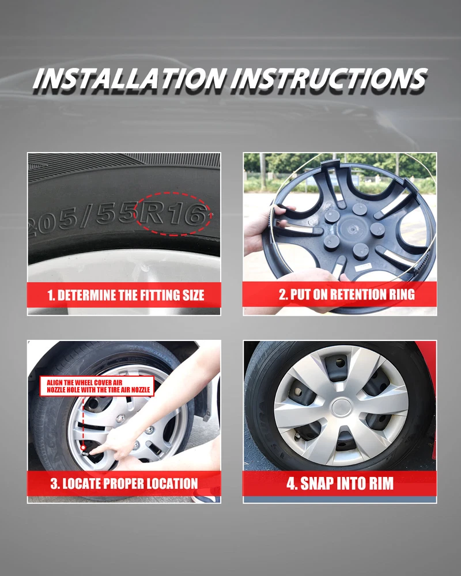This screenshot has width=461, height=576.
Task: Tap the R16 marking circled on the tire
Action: point(172,214)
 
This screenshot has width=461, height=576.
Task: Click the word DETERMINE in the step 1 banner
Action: point(88,295)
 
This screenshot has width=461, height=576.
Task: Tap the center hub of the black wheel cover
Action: point(352,229)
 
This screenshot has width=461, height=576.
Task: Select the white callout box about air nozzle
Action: point(97,386)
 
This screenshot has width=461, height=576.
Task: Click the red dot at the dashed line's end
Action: point(84,448)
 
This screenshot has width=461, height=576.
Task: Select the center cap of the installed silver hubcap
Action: point(342,408)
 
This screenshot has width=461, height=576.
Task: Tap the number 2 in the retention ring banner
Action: point(282,294)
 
